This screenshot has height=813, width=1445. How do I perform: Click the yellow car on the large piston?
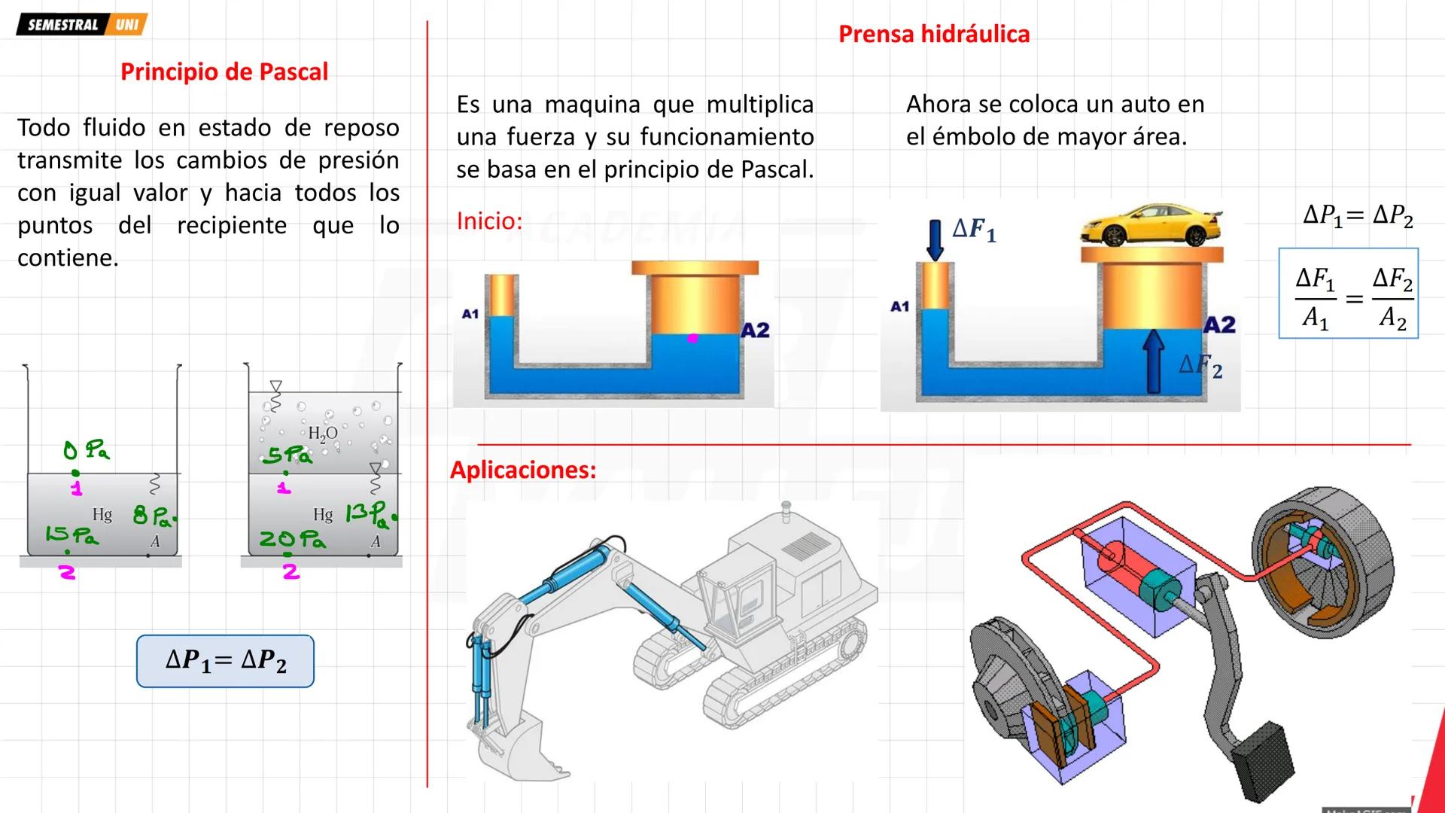point(1149,224)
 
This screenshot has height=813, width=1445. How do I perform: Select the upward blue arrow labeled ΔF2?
point(1153,362)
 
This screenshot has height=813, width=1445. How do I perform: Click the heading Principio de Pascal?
point(224,72)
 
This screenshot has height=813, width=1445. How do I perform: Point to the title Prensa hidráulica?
point(933,34)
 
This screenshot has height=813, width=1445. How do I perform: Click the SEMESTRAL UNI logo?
point(81,24)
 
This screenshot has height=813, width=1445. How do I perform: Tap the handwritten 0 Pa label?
point(87,451)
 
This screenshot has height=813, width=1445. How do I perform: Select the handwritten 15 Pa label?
point(71,535)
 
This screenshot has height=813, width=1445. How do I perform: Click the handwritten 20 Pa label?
point(292,539)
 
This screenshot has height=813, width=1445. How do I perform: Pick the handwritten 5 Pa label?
point(287,455)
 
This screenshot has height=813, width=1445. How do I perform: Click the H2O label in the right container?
point(323,434)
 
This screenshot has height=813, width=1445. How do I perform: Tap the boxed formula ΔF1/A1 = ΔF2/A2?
point(1348,294)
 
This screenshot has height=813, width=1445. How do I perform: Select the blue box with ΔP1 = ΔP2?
point(225,661)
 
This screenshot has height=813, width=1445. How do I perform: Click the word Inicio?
point(489,221)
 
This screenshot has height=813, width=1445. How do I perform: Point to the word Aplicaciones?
point(523,470)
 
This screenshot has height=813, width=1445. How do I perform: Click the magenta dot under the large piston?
point(693,339)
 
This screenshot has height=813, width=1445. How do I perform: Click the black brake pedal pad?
point(1266,762)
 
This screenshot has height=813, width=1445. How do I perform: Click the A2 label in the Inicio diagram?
point(755,330)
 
